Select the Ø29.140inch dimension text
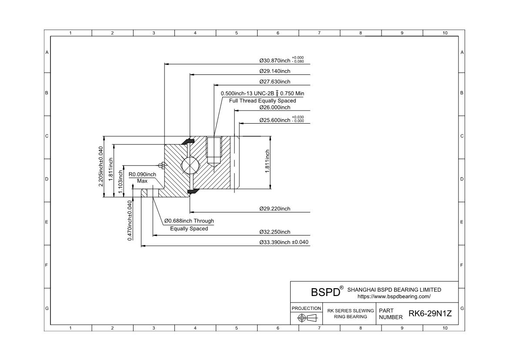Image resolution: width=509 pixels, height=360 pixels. [275, 71]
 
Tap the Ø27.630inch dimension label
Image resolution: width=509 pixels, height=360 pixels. [275, 82]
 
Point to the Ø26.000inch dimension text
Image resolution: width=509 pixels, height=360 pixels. [275, 108]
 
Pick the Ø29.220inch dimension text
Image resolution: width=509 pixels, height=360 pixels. [275, 209]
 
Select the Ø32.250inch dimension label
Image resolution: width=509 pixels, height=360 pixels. [275, 232]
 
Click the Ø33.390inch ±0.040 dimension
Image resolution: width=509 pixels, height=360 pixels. [284, 242]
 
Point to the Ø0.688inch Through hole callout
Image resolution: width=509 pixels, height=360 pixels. [189, 221]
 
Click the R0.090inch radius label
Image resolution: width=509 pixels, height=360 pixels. [142, 175]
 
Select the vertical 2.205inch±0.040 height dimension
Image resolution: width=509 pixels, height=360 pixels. [101, 166]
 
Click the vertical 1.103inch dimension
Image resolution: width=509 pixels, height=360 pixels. [121, 182]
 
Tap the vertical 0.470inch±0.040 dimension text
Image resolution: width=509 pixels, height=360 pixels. [130, 220]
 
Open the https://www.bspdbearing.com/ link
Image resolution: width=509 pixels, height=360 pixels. [394, 296]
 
